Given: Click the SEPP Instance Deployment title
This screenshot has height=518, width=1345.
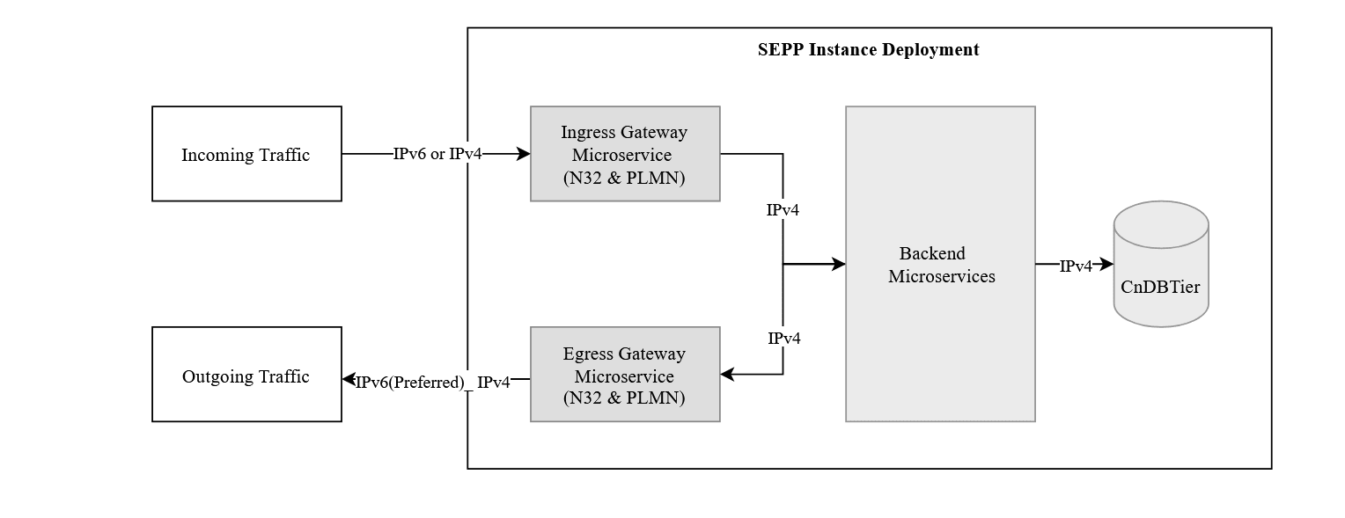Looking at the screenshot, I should (868, 50).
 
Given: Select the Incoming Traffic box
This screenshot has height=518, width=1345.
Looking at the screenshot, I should (246, 155).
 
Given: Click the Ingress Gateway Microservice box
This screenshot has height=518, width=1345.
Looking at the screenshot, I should (625, 155).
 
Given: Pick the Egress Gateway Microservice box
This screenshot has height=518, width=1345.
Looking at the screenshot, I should (625, 376).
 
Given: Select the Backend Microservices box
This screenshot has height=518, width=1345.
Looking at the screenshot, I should (940, 265).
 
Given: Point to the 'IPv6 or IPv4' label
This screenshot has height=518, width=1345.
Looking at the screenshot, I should (437, 155).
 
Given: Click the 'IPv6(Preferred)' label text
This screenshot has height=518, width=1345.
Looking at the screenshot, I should (409, 383).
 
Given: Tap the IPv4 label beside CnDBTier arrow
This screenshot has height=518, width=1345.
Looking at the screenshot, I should (1075, 266).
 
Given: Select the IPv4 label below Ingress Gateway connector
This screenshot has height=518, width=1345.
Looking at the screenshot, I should (783, 210).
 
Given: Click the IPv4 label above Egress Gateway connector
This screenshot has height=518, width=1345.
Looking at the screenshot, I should (783, 339).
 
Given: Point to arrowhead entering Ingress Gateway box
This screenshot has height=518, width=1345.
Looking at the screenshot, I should (524, 155).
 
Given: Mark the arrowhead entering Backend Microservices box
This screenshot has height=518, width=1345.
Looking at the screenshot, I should (839, 264).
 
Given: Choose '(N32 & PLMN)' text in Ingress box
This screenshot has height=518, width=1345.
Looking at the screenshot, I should (624, 178).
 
